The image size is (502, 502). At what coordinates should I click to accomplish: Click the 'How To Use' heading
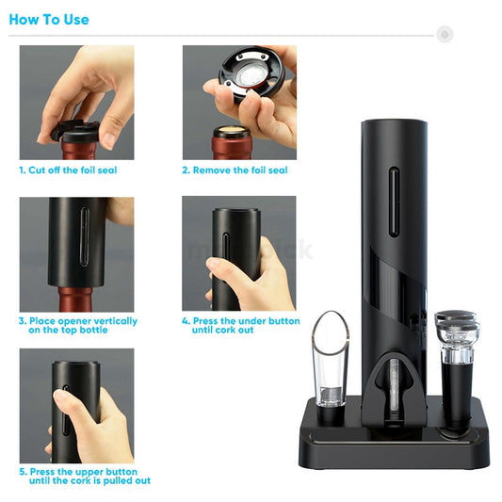point(49,19)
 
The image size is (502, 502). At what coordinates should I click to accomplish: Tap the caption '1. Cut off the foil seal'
point(81,170)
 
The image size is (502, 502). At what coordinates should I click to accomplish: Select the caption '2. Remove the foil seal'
point(235,170)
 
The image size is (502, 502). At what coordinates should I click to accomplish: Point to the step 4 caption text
point(240,326)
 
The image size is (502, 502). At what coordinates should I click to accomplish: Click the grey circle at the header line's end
point(445,34)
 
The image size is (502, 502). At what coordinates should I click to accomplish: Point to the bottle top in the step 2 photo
point(232,138)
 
